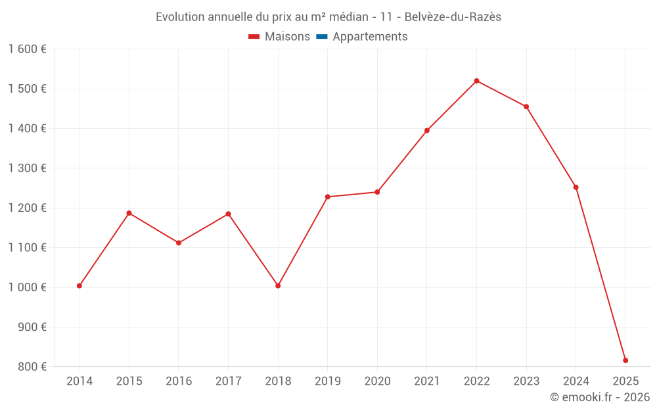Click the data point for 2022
476,81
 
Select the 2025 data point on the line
625,360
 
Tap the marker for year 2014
79,285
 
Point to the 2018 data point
278,285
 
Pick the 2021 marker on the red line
427,130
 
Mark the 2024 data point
576,187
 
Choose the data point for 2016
179,243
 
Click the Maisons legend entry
287,37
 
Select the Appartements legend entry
370,37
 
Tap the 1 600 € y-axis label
27,49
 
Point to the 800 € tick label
32,367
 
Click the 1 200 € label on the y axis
27,208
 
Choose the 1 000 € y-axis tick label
27,287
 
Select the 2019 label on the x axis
327,381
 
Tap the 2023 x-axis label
526,381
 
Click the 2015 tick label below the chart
129,381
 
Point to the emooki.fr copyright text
600,397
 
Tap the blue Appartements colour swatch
322,37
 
